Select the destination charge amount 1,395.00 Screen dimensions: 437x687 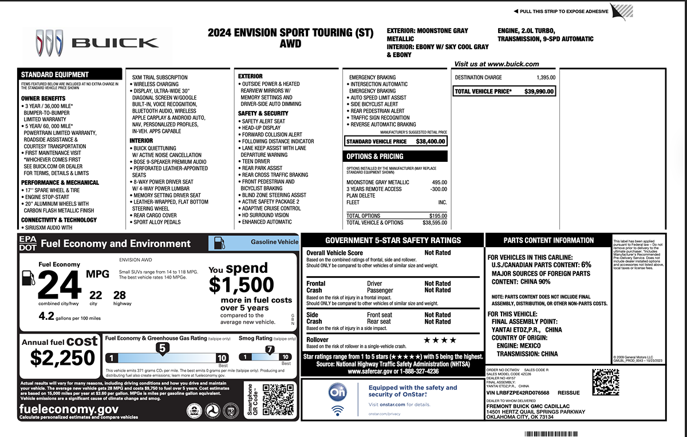546,77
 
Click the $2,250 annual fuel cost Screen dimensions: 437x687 62,358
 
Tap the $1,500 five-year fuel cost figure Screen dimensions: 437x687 241,284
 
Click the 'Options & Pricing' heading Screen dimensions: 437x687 375,156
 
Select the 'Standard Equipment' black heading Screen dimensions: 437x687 55,74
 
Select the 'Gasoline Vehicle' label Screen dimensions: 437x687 274,242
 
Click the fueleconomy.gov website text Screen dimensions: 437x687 69,409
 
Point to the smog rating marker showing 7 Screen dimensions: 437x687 270,349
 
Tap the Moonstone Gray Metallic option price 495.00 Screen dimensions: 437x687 440,182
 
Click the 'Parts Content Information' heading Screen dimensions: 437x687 540,241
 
